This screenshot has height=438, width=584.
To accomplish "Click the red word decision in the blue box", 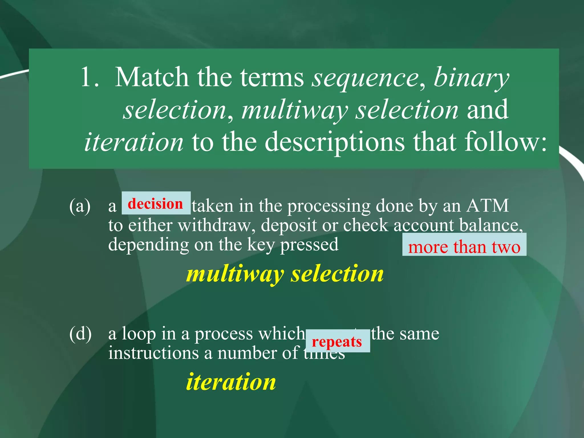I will coord(155,204).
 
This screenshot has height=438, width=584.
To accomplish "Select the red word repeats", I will coord(337,341).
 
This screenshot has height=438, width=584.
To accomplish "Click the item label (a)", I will coord(80,206).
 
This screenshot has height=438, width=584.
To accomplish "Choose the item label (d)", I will coord(80,334).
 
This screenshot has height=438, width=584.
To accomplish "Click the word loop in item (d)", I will coord(139,334).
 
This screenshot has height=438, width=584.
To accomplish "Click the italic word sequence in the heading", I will coord(365,78).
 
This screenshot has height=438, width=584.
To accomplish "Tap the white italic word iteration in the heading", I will coord(134,142).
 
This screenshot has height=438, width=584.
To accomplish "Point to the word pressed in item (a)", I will coord(309,245).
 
